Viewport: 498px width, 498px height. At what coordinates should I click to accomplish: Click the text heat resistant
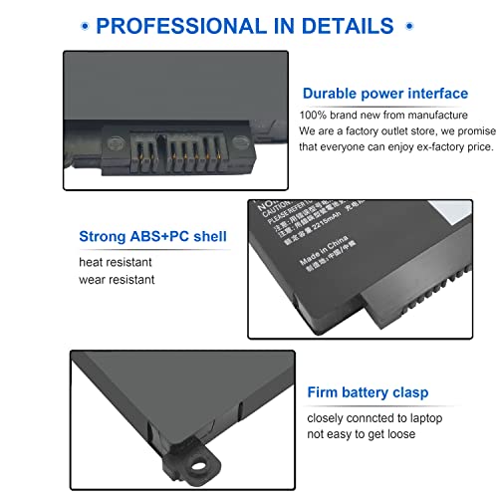tap(118, 261)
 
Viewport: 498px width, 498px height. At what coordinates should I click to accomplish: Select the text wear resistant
tap(118, 279)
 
